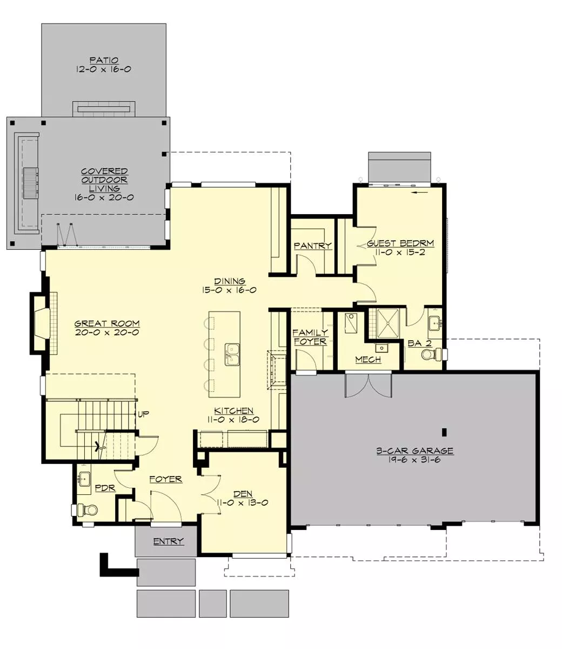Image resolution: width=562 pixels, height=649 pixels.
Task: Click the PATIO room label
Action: pyautogui.click(x=104, y=60)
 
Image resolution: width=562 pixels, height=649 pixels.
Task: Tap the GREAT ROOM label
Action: pyautogui.click(x=107, y=323)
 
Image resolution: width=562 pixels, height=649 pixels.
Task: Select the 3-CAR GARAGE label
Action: pyautogui.click(x=415, y=451)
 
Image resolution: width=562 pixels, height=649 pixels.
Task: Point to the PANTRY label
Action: pyautogui.click(x=312, y=246)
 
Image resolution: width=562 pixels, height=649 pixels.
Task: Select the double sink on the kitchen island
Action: pyautogui.click(x=232, y=354)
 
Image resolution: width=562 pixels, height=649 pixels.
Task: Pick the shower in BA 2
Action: pyautogui.click(x=388, y=323)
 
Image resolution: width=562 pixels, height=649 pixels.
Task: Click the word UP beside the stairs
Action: pyautogui.click(x=143, y=414)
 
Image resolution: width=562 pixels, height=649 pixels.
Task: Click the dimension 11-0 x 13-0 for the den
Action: pyautogui.click(x=242, y=502)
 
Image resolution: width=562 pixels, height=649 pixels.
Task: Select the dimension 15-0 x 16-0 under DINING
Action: pyautogui.click(x=229, y=290)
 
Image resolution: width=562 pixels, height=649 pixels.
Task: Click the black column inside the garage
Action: pyautogui.click(x=444, y=432)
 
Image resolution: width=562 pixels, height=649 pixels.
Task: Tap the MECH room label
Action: pyautogui.click(x=368, y=359)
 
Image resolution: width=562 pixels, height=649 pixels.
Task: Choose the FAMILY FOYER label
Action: pyautogui.click(x=310, y=337)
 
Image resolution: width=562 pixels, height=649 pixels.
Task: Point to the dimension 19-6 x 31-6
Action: pyautogui.click(x=414, y=460)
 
